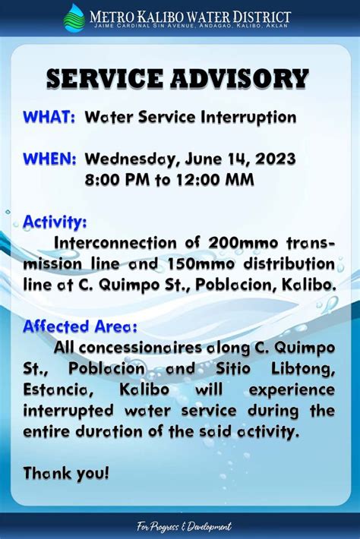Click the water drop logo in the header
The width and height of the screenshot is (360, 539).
coord(74,18)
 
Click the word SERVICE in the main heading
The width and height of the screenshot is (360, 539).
coord(105,78)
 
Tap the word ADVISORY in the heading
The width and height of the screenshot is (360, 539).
coord(239,78)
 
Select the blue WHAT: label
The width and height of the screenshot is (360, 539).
coord(49,117)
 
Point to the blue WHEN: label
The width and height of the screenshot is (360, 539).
coord(49,159)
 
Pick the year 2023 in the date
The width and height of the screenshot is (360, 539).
coord(275,159)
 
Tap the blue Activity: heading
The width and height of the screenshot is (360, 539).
coord(55,222)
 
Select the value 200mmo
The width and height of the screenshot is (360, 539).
coord(243,243)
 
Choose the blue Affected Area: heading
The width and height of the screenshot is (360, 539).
coord(80,326)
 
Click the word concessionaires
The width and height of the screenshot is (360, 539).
coord(140,348)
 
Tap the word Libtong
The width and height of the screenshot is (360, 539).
coord(303,370)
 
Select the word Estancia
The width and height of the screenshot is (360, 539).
coord(58,390)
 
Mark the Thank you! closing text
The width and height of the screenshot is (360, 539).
coord(66,474)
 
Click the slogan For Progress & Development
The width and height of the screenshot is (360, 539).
coord(184,526)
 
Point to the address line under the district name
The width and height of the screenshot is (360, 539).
coord(191,26)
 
